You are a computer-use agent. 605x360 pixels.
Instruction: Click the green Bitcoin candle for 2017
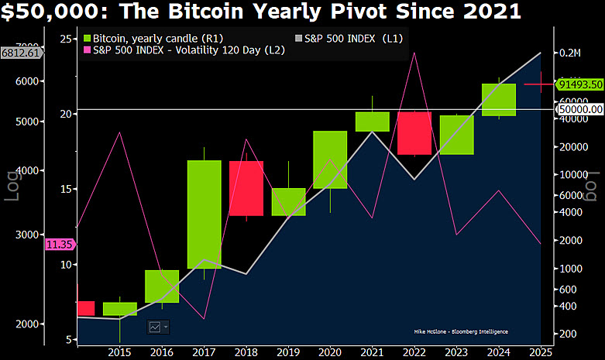click(204, 214)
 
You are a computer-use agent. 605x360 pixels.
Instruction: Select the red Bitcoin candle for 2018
click(246, 188)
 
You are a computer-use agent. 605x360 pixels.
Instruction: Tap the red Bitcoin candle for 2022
click(414, 133)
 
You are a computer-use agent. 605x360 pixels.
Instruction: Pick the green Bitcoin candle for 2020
click(330, 159)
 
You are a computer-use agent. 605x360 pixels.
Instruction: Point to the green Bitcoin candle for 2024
click(498, 99)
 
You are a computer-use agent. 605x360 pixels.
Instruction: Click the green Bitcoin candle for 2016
click(162, 286)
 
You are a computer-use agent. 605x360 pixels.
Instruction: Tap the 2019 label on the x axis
click(287, 352)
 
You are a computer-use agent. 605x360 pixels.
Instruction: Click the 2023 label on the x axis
click(456, 352)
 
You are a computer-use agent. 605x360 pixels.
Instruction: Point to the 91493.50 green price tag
click(580, 84)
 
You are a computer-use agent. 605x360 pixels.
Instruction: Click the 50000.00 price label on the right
click(580, 110)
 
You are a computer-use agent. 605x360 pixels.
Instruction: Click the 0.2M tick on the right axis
click(569, 53)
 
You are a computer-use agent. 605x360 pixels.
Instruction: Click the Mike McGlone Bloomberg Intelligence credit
click(462, 331)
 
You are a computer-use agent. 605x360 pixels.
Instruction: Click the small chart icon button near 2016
click(158, 327)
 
